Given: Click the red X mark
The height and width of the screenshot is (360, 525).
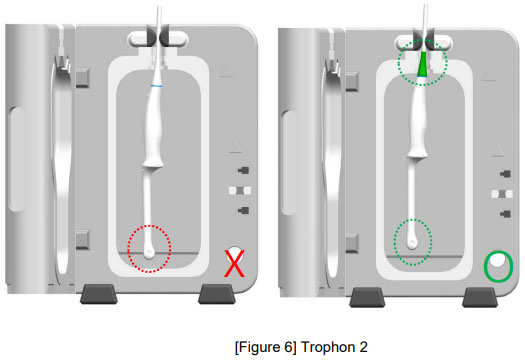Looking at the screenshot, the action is coord(234,263).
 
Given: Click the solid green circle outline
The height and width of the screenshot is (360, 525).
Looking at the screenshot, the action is coord(485,266).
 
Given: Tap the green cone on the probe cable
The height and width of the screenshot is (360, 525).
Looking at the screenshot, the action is coord(423,64).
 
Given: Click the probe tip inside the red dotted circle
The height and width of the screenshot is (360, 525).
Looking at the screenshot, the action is coord(149,253).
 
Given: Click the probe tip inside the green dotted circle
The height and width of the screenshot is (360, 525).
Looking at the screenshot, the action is coord(412,242).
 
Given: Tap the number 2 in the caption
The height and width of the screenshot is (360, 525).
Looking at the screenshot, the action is coord(363,347).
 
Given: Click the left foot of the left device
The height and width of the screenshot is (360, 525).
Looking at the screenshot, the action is coord(98,294).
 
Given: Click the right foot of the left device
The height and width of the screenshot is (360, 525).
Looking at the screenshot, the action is coord(217,294).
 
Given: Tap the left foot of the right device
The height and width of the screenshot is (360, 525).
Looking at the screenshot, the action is coord(367,297).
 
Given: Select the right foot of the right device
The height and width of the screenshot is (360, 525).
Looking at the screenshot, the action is coord(480,297).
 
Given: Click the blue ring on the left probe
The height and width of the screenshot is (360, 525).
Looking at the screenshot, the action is coord(156,86).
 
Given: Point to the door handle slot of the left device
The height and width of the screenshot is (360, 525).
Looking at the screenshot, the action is coord(17,159).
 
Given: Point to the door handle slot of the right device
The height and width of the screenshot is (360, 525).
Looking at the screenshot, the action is coord(289,162).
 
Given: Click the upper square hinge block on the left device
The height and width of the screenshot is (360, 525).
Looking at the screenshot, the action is coord(82,78).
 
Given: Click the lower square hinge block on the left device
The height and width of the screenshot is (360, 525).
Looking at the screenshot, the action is coord(82,240).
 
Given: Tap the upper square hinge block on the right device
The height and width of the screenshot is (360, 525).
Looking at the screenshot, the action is coord(352,81).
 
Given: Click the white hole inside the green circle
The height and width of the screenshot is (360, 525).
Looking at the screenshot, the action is coord(497,260).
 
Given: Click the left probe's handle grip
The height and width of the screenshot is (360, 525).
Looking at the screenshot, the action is coord(154,127).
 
